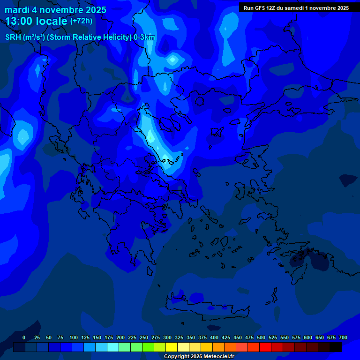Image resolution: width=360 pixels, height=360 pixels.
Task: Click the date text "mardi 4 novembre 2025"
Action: pyautogui.click(x=55, y=10)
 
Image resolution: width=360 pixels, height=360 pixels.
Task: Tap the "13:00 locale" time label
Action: pyautogui.click(x=36, y=21)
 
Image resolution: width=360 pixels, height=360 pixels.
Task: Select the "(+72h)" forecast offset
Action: pyautogui.click(x=81, y=21)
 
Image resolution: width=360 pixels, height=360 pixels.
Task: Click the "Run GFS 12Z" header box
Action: pyautogui.click(x=296, y=8)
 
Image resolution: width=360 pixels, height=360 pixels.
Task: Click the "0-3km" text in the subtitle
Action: pyautogui.click(x=144, y=37)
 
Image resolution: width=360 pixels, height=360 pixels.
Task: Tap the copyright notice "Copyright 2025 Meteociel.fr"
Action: pyautogui.click(x=199, y=356)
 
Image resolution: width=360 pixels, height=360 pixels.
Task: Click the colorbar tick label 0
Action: pyautogui.click(x=24, y=337)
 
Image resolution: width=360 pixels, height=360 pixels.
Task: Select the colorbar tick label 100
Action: pyautogui.click(x=74, y=337)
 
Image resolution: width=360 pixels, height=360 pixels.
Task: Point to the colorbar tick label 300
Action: pyautogui.click(x=167, y=337)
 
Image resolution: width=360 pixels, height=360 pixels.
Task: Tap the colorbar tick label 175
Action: pyautogui.click(x=109, y=337)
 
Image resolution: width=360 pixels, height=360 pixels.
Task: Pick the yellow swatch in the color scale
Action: pyautogui.click(x=172, y=347)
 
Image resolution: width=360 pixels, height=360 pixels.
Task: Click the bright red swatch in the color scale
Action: pyautogui.click(x=265, y=347)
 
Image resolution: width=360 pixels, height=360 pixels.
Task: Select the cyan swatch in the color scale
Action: pyautogui.click(x=113, y=347)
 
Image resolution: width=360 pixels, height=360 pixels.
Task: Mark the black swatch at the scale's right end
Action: pyautogui.click(x=336, y=347)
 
